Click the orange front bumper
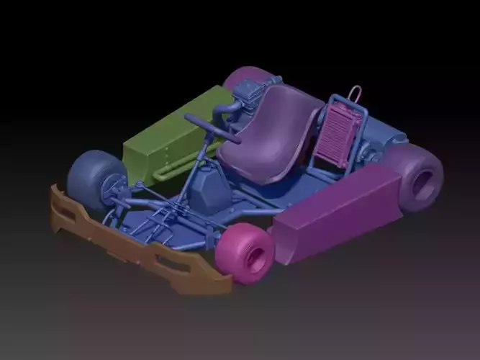coord(137,245)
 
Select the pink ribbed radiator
coord(335,137)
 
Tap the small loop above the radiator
coord(355,94)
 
